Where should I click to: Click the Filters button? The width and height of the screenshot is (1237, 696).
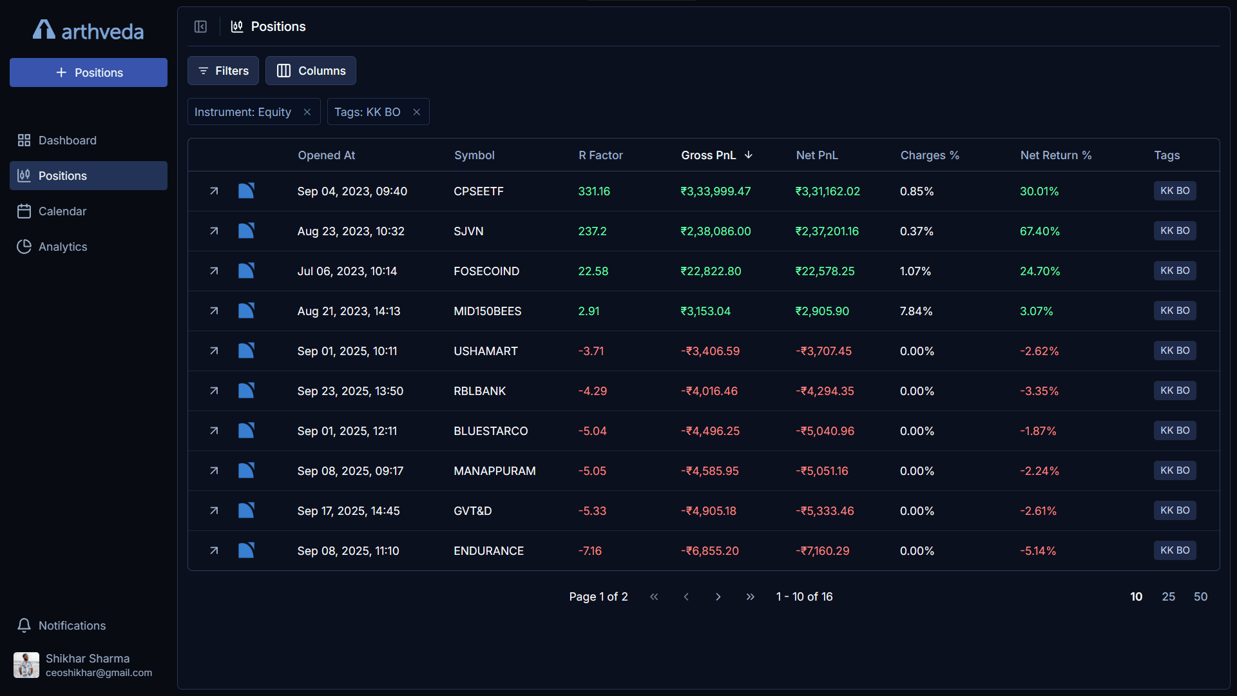coord(223,71)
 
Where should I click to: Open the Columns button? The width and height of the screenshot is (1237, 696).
coord(311,71)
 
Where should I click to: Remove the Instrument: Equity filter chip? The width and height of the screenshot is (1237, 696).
coord(307,112)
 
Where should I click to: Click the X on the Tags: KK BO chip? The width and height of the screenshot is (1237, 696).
coord(417,112)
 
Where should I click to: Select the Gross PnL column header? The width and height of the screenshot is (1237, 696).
coord(708,155)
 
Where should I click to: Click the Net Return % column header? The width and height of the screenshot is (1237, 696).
coord(1055,155)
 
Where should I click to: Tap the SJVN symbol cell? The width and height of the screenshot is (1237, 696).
coord(468,231)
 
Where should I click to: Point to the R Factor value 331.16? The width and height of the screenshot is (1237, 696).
coord(593,191)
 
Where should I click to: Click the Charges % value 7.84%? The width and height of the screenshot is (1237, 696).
coord(916,311)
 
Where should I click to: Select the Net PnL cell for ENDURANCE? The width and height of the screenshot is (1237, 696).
coord(822,551)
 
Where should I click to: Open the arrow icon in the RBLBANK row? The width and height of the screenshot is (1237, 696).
coord(214,391)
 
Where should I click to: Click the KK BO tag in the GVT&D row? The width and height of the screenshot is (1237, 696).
coord(1175,510)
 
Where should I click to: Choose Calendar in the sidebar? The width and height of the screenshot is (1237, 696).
coord(62,211)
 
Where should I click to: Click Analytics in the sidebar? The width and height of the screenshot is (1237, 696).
coord(62,247)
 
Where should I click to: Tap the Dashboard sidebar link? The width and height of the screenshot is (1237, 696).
coord(67,140)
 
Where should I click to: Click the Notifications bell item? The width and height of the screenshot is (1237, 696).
coord(72,626)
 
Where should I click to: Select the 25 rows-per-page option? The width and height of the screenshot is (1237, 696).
coord(1168,597)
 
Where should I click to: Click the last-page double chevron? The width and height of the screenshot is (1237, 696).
coord(750,597)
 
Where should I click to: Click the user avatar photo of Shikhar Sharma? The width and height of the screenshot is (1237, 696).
coord(26,665)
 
